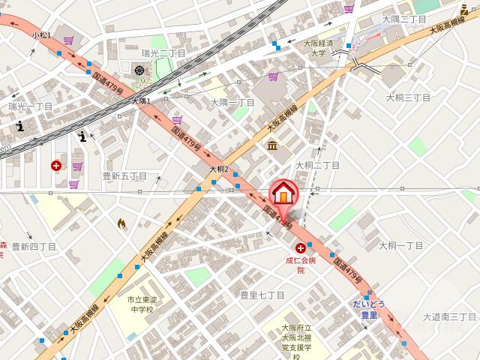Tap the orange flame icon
click(x=121, y=223)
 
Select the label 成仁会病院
click(x=301, y=265)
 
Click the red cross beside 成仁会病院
click(x=301, y=247)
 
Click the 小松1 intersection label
click(x=42, y=35)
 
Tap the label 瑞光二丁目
click(x=163, y=54)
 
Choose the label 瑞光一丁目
click(x=31, y=107)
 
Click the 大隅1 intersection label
click(x=141, y=101)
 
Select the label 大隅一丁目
click(x=232, y=103)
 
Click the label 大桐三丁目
click(x=408, y=97)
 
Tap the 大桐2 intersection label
click(x=218, y=169)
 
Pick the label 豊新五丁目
click(x=124, y=176)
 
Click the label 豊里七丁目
click(x=262, y=295)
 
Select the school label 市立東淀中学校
click(x=139, y=304)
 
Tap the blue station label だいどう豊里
click(x=369, y=310)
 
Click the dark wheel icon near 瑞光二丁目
click(x=139, y=70)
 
